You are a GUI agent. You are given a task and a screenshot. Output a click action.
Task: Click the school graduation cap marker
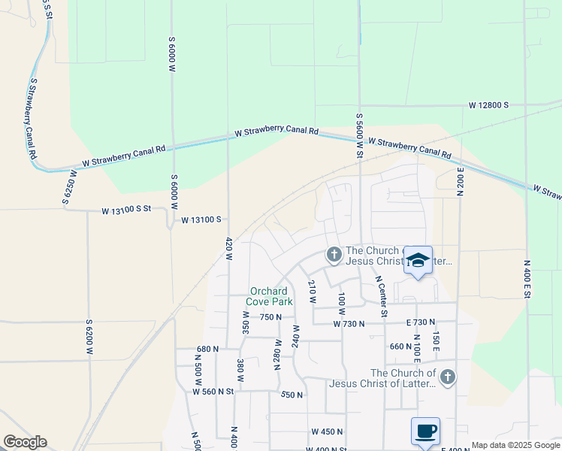pos(418,261)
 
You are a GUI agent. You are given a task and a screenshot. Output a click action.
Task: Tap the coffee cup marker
pos(425,431)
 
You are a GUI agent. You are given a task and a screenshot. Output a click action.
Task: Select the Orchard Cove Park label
pos(271,296)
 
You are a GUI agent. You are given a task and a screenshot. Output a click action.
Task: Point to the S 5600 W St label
pos(360,136)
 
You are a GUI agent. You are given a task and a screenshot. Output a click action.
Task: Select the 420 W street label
pos(228,249)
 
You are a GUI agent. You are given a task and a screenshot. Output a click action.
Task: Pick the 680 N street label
pos(207,349)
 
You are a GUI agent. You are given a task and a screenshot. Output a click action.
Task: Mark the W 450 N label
pos(327,431)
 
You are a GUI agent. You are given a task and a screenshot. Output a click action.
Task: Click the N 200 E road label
pos(459,180)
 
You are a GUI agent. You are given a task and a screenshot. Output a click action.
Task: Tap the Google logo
pos(25,442)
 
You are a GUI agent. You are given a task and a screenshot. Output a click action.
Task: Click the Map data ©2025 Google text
pos(515,445)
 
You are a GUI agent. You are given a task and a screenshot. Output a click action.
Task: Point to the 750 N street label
pos(270,317)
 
